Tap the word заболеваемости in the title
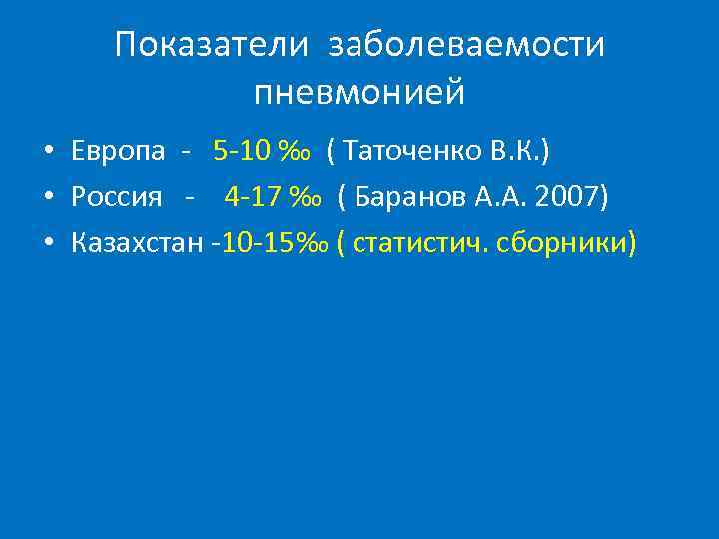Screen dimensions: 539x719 (466, 45)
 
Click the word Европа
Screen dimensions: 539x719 (118, 151)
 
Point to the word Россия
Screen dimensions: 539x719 (116, 196)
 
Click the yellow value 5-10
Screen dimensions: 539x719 (242, 151)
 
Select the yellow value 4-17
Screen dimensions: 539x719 (254, 196)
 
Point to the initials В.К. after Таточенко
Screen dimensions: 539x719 (515, 151)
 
